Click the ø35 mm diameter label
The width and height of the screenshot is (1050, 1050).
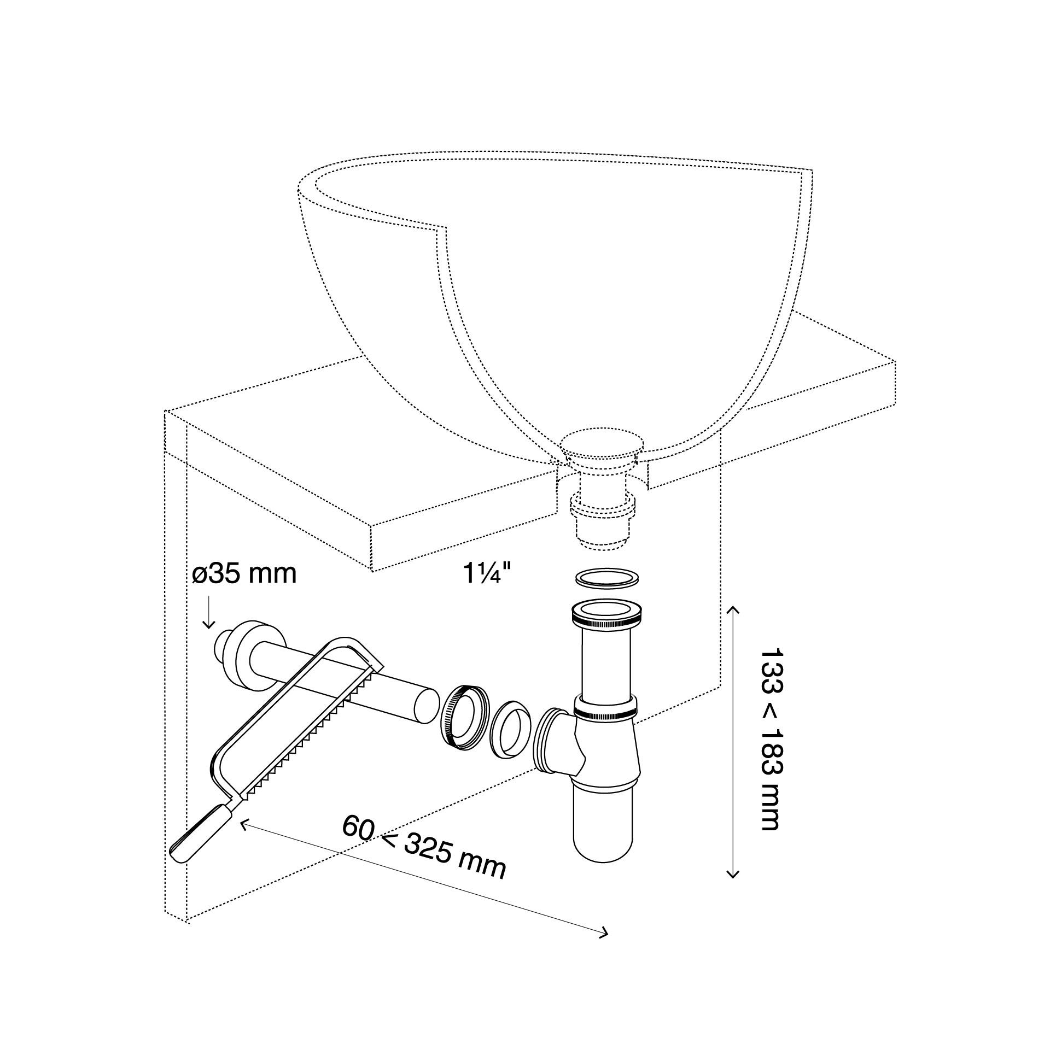(x=244, y=574)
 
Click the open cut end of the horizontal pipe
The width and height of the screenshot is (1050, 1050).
(x=427, y=706)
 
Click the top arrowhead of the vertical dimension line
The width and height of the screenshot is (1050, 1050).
(x=732, y=611)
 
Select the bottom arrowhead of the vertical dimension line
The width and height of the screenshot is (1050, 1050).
(x=732, y=891)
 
